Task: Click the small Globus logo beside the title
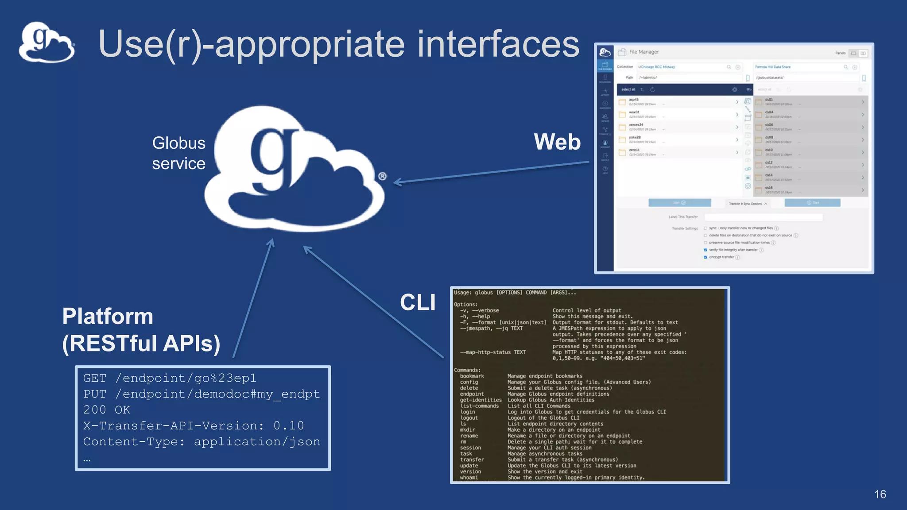click(x=47, y=43)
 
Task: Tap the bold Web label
click(x=557, y=142)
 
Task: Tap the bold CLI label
click(x=418, y=303)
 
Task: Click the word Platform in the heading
click(x=108, y=317)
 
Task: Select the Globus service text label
click(x=178, y=153)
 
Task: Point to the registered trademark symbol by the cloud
click(x=383, y=176)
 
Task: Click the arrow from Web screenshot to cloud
click(x=492, y=173)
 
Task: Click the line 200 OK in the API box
click(x=107, y=410)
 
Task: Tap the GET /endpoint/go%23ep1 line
click(x=170, y=378)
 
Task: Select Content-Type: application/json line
click(x=202, y=442)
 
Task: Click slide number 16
click(x=880, y=495)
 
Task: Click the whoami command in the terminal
click(x=469, y=478)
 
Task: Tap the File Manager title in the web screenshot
click(x=643, y=52)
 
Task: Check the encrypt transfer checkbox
click(x=705, y=257)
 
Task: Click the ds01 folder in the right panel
click(x=769, y=100)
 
